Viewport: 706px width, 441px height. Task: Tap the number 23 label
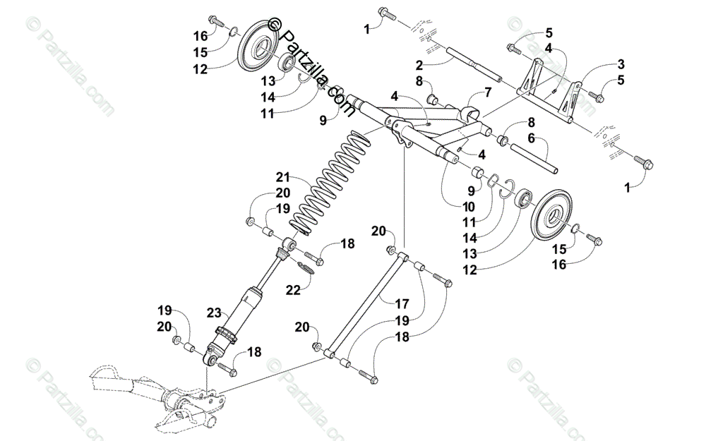(x=215, y=312)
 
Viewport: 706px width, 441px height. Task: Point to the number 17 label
(x=402, y=304)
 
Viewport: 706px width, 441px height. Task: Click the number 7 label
(x=487, y=92)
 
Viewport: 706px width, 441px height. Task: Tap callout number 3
(x=621, y=63)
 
